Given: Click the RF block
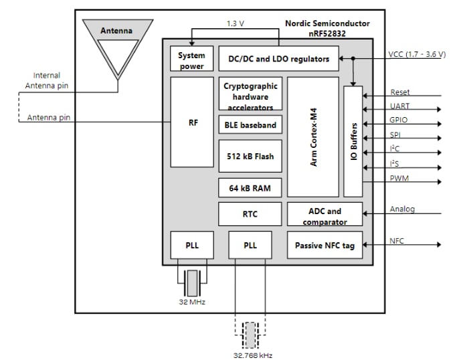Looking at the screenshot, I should [x=192, y=122].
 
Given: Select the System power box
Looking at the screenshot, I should [x=191, y=59].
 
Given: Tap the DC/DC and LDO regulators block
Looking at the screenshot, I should [x=278, y=59].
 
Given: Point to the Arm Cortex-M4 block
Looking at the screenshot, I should [x=313, y=141].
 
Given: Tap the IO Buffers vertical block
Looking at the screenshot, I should [x=353, y=141].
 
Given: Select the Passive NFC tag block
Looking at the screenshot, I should [x=325, y=246].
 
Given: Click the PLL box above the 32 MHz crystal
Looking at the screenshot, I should [x=192, y=245].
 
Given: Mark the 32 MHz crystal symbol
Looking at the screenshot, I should [x=192, y=283].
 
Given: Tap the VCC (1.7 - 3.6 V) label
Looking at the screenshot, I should [x=417, y=54].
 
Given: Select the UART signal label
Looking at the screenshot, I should [x=400, y=106].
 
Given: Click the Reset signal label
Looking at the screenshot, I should [x=400, y=92].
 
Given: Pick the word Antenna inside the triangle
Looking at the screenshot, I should [x=116, y=31].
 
